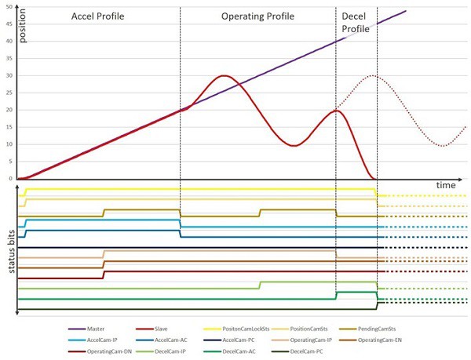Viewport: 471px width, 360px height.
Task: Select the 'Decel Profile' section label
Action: (356, 22)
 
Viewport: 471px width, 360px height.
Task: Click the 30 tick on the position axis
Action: (9, 75)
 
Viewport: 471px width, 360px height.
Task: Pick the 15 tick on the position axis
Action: (9, 127)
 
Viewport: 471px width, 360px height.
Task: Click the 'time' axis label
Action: (446, 184)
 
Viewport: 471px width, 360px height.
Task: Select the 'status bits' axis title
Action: (9, 252)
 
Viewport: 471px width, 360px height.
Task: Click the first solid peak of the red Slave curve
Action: (225, 76)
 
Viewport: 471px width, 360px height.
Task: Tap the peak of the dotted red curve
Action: (375, 76)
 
